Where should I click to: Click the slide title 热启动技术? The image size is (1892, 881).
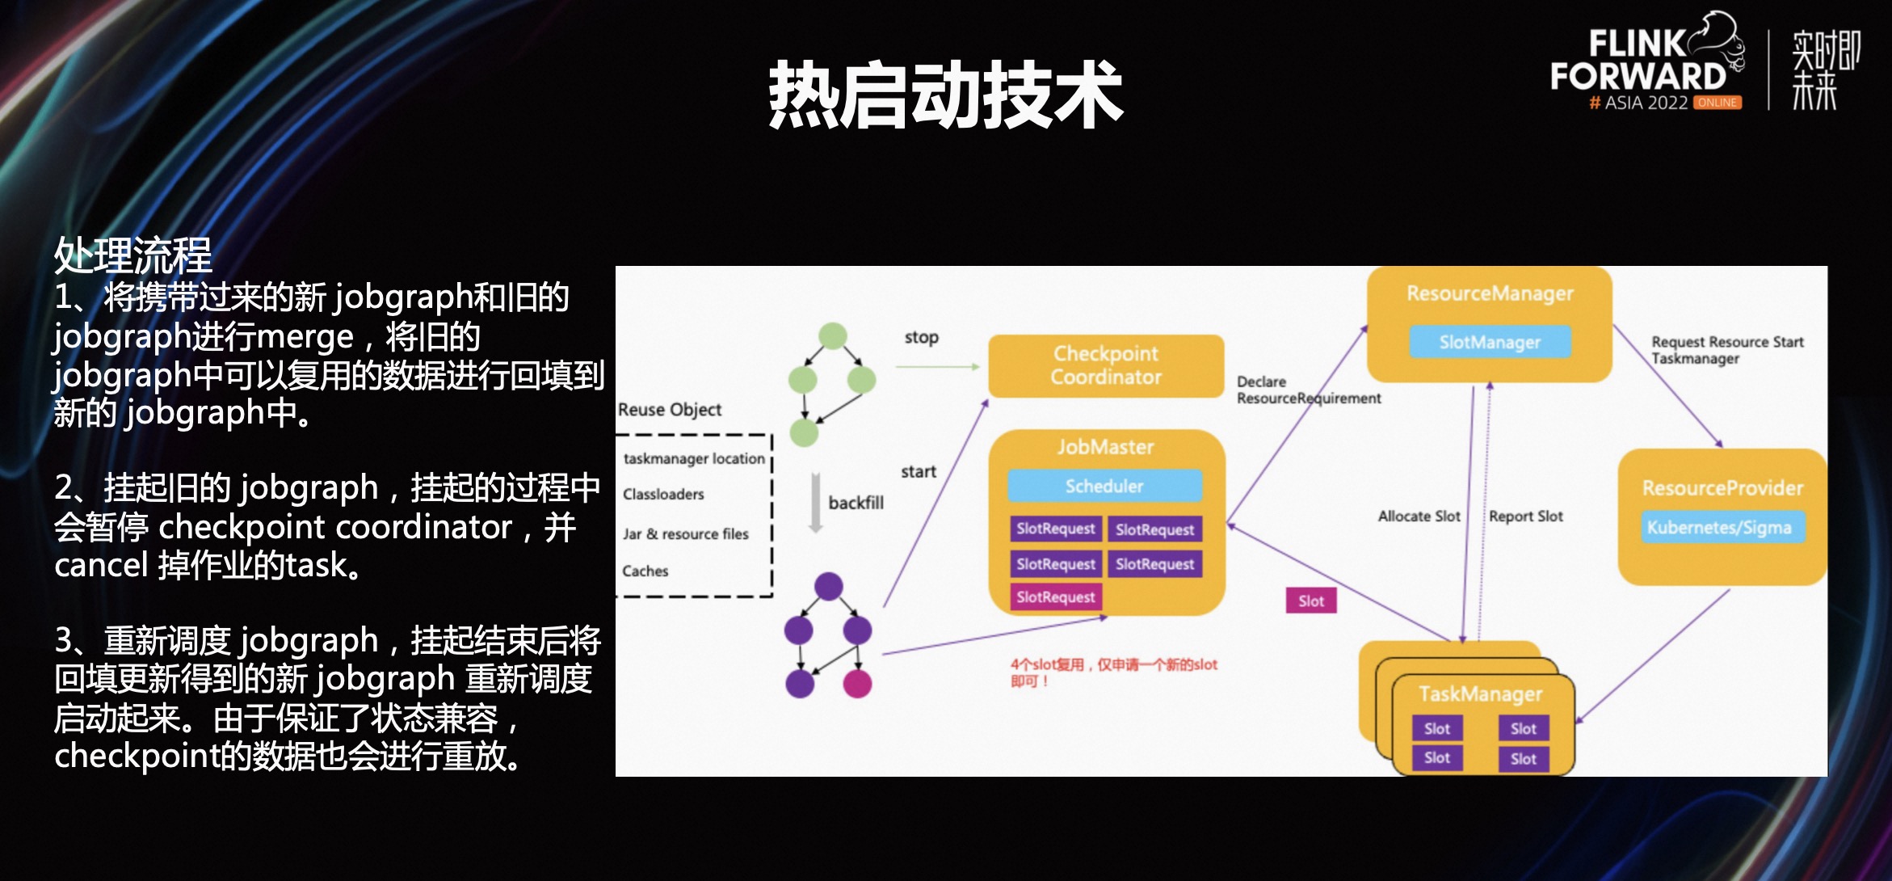tap(945, 95)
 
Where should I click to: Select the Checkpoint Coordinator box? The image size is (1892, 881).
tap(1105, 365)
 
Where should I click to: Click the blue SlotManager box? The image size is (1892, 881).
tap(1490, 342)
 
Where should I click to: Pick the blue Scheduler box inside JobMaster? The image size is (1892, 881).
tap(1104, 486)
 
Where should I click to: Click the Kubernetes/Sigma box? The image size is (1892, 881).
tap(1719, 528)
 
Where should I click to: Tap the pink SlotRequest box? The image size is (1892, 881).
tap(1055, 597)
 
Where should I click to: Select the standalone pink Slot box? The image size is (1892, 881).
tap(1310, 601)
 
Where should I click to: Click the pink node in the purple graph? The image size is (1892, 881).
tap(857, 684)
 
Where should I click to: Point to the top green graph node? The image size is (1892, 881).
tap(832, 335)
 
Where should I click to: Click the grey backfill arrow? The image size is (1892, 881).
tap(816, 503)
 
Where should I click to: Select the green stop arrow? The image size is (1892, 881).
tap(937, 367)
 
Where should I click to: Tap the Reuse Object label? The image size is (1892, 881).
tap(669, 410)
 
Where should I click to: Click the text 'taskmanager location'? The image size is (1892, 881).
tap(693, 458)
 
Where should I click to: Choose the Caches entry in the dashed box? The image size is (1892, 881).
tap(645, 571)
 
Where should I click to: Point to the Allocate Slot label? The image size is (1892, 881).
tap(1419, 516)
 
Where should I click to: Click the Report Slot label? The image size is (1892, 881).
tap(1525, 516)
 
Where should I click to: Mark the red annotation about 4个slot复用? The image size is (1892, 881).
tap(1112, 672)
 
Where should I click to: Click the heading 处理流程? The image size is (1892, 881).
tap(132, 255)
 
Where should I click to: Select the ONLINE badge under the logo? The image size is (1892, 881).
tap(1717, 103)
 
